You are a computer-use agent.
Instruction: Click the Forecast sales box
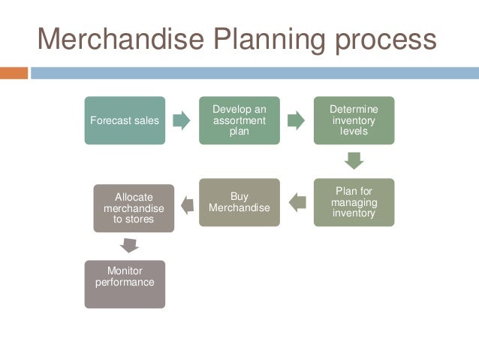pyautogui.click(x=125, y=120)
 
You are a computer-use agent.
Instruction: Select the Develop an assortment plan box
pyautogui.click(x=239, y=120)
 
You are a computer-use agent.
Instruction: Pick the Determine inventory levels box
pyautogui.click(x=354, y=120)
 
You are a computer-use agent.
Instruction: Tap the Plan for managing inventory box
pyautogui.click(x=354, y=202)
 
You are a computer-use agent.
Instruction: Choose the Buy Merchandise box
pyautogui.click(x=239, y=202)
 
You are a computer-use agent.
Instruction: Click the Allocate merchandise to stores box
pyautogui.click(x=134, y=208)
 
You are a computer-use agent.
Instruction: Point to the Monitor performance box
pyautogui.click(x=125, y=284)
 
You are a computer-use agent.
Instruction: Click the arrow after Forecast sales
pyautogui.click(x=182, y=120)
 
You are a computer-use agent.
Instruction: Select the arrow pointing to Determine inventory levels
pyautogui.click(x=296, y=120)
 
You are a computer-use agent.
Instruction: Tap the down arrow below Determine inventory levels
pyautogui.click(x=354, y=161)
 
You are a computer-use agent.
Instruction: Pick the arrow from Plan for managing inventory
pyautogui.click(x=297, y=202)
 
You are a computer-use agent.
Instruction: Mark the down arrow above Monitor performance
pyautogui.click(x=129, y=245)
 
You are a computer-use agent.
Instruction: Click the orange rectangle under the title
pyautogui.click(x=14, y=74)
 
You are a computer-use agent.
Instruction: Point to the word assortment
pyautogui.click(x=239, y=120)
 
